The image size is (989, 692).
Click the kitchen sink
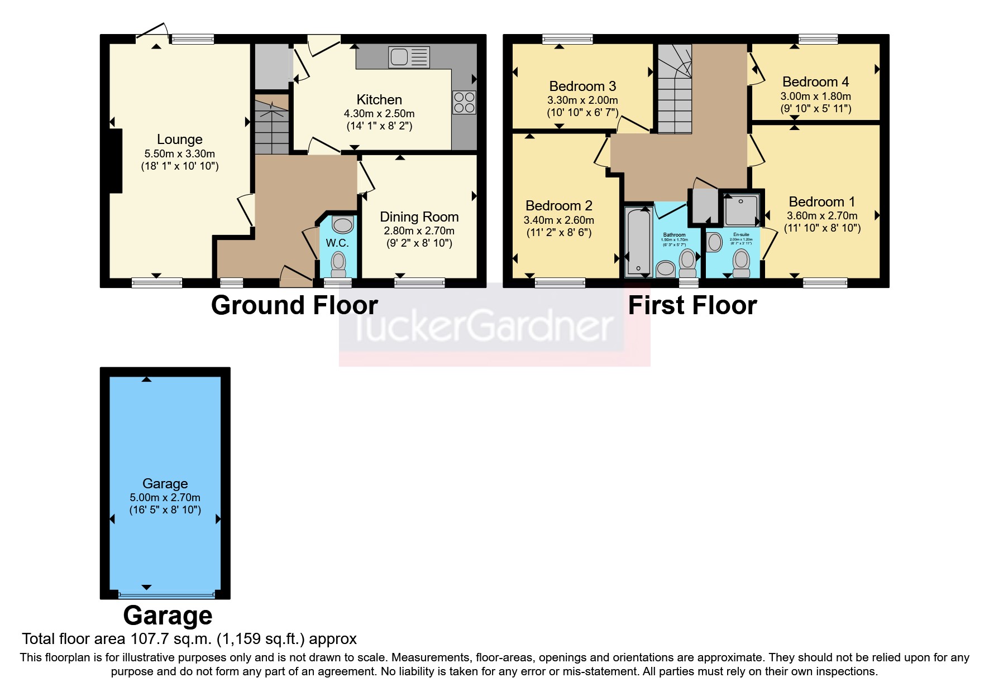pos(409,57)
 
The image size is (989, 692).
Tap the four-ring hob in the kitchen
pos(464,102)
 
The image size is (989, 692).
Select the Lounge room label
pos(179,140)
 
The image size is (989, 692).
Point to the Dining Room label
pos(419,217)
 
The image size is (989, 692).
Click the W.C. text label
pos(337,243)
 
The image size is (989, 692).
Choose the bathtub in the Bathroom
pos(638,241)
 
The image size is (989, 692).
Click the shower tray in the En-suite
pos(741,209)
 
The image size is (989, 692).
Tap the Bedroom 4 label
pos(815,82)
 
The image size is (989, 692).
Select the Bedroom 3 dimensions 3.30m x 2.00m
pos(582,100)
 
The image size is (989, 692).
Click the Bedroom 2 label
pos(558,206)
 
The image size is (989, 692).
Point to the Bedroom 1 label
pos(821,202)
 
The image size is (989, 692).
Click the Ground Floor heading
pos(294,306)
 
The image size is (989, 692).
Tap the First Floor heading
pos(692,306)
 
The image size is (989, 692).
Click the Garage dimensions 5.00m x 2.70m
pos(165,498)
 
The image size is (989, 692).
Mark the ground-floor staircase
pos(272,126)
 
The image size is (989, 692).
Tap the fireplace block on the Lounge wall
pos(116,161)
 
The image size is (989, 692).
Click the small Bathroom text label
pos(674,235)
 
